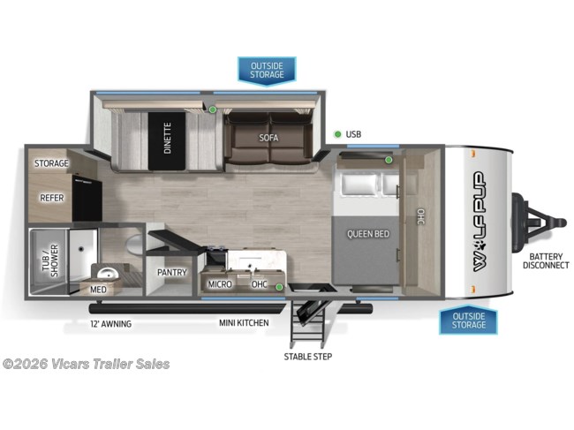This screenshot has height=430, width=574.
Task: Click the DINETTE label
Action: (167, 138)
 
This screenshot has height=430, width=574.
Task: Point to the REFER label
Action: (50, 199)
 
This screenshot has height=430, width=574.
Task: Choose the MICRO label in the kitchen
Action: (220, 284)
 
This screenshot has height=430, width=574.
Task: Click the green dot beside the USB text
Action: (337, 134)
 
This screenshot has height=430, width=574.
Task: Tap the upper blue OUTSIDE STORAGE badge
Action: (267, 70)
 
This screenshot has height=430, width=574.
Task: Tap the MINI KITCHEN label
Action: (244, 323)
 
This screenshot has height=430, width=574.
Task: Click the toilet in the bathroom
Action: (133, 243)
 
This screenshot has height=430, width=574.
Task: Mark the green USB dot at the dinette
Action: (213, 109)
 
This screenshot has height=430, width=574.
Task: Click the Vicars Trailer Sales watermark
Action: (86, 364)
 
